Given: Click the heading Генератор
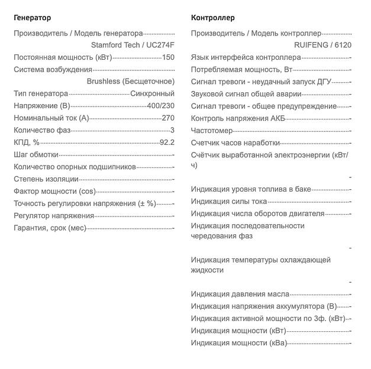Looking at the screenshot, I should coord(32,18).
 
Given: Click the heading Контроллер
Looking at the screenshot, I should coord(213,18).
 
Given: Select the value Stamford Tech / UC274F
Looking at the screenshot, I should coord(133,44).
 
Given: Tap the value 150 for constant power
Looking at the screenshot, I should coord(168,57).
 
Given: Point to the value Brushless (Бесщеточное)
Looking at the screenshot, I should coord(130,81).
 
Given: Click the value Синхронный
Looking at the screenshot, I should coord(152,93).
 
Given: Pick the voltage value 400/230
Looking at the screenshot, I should coord(160,106).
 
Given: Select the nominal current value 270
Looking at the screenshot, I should coord(168,118).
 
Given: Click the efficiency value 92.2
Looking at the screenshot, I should coord(167,142).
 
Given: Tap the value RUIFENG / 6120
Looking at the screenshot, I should coord(322,44).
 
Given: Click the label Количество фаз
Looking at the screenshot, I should coord(43,130).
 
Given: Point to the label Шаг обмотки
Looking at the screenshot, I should coord(36,154).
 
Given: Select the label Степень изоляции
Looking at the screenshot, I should coord(46,179).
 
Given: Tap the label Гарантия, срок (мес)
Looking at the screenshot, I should coord(50,228).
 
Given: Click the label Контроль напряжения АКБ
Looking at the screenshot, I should coord(238,118).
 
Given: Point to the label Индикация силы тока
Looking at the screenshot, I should coord(229,201).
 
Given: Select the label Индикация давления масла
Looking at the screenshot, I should coord(240,293).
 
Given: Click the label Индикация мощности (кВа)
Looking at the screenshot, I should coord(238,342).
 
